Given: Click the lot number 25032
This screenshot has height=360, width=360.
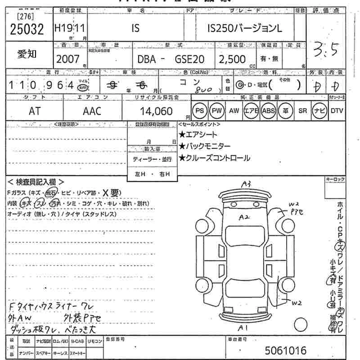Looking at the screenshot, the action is tap(27, 30).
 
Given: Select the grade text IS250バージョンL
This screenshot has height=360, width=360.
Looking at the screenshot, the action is tap(245, 29).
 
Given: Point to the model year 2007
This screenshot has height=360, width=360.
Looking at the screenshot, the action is tap(68, 59).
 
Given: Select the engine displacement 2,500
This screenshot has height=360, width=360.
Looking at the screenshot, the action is tap(232, 59).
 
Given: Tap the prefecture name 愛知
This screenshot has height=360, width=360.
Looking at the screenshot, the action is tap(27, 54).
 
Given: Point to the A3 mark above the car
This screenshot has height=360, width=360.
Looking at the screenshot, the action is tap(246, 184).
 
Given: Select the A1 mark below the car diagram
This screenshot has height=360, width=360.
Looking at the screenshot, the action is tap(243, 327).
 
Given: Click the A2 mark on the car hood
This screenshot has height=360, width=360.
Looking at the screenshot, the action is tap(244, 217).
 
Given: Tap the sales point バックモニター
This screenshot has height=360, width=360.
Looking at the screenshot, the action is tap(205, 146).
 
